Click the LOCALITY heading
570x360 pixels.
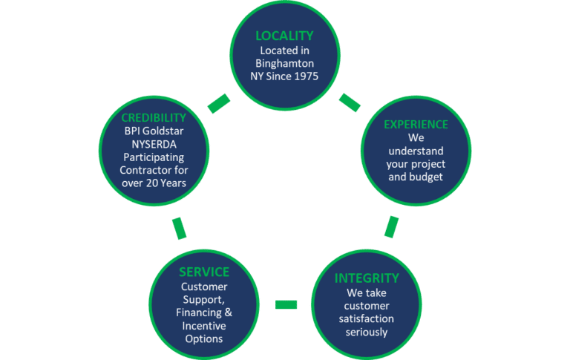coord(284,36)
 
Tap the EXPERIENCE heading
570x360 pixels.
coord(416,125)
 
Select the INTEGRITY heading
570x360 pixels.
coord(367,278)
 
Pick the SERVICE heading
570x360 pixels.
coord(204,272)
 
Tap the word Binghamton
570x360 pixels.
coord(284,64)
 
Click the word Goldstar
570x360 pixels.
coord(164,132)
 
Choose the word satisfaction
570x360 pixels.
coord(367,318)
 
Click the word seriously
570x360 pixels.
coord(367,332)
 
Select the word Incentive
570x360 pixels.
coord(204,326)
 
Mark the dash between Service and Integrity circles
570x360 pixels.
coord(286,304)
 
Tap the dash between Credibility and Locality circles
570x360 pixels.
coord(219,104)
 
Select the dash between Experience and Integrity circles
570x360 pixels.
coord(391,227)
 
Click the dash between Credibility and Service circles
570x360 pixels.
coord(180,228)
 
